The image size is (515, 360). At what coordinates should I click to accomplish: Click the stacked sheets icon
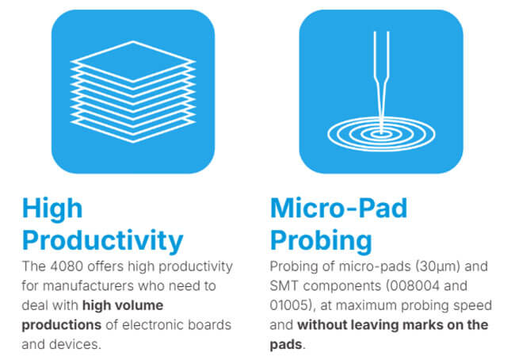pyautogui.click(x=133, y=92)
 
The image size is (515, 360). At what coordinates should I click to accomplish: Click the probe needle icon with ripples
pyautogui.click(x=381, y=91)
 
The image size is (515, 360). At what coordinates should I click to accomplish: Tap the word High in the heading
pyautogui.click(x=51, y=209)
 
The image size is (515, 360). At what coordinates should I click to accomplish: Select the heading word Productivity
pyautogui.click(x=102, y=240)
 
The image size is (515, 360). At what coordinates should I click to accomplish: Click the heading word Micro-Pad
pyautogui.click(x=338, y=208)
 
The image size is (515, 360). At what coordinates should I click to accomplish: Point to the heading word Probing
pyautogui.click(x=321, y=240)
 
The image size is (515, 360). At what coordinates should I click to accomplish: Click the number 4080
pyautogui.click(x=67, y=266)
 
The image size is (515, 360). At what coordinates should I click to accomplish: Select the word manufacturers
pyautogui.click(x=89, y=285)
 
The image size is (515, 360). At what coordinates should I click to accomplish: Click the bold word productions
pyautogui.click(x=62, y=325)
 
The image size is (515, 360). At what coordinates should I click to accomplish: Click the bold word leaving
pyautogui.click(x=375, y=325)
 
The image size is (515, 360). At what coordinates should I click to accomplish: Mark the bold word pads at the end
pyautogui.click(x=286, y=345)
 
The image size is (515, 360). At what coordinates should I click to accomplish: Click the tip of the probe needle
pyautogui.click(x=381, y=132)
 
